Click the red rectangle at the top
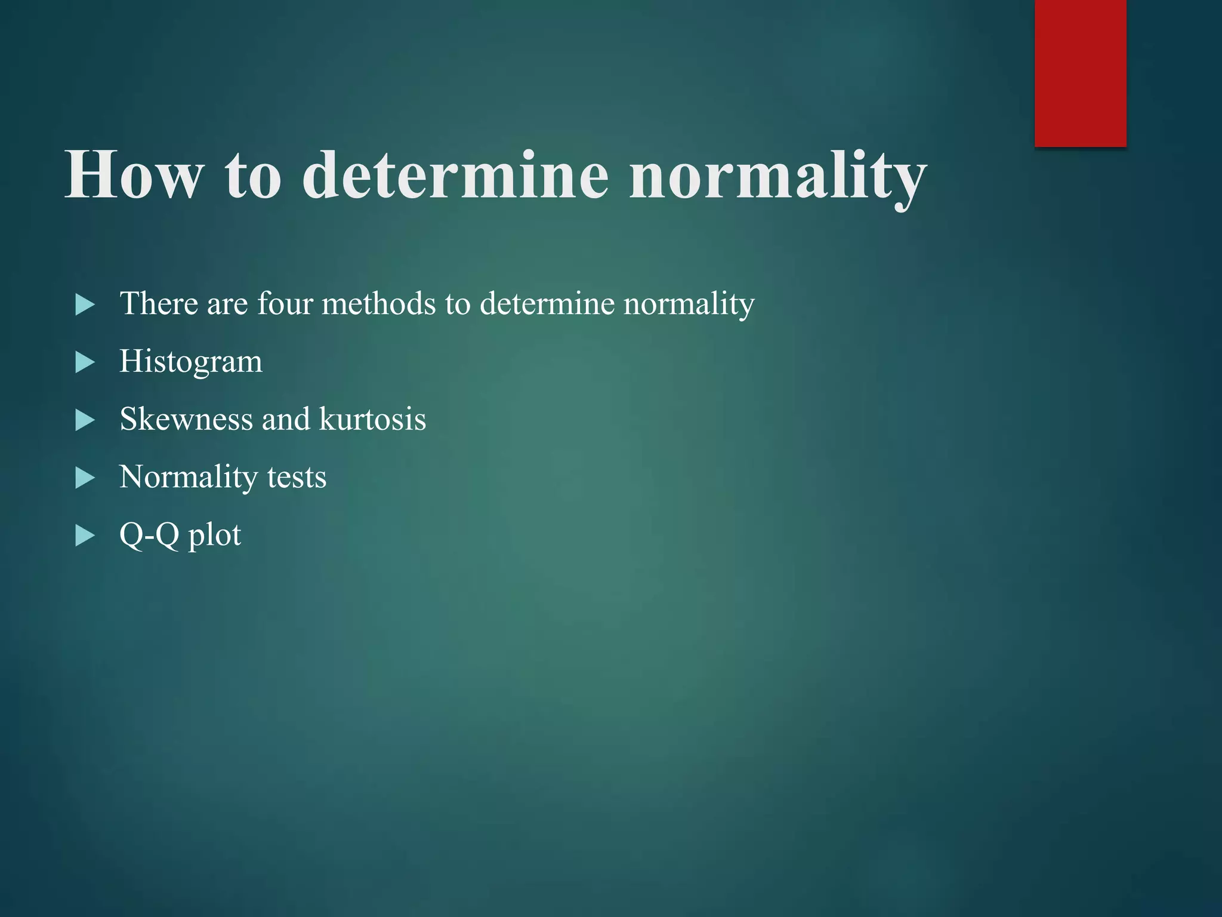pyautogui.click(x=1080, y=73)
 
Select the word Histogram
pyautogui.click(x=191, y=362)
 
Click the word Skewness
pyautogui.click(x=186, y=419)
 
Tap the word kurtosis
pyautogui.click(x=372, y=419)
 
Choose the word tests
pyautogui.click(x=297, y=477)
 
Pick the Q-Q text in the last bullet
pyautogui.click(x=149, y=535)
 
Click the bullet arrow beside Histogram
pyautogui.click(x=85, y=362)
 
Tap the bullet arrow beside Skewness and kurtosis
pyautogui.click(x=85, y=420)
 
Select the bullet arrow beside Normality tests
pyautogui.click(x=85, y=478)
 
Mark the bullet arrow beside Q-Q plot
pyautogui.click(x=85, y=536)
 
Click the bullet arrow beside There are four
pyautogui.click(x=85, y=304)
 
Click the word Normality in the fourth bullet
pyautogui.click(x=188, y=478)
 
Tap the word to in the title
pyautogui.click(x=252, y=176)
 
